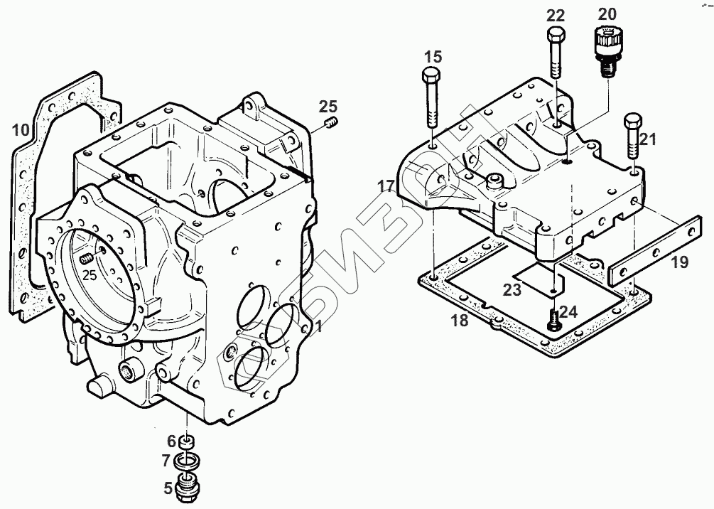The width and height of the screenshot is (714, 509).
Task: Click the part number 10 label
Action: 21,130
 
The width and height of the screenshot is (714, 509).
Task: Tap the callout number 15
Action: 433,56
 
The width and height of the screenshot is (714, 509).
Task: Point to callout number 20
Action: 607,14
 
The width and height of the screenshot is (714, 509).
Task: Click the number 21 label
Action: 647,140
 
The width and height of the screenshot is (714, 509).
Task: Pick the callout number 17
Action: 386,186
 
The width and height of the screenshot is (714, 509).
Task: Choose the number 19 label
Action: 679,263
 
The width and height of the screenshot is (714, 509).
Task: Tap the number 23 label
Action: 513,289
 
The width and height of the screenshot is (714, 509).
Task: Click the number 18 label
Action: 460,321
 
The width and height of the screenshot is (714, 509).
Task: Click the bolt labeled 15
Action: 431,100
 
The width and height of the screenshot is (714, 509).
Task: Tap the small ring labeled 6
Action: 188,442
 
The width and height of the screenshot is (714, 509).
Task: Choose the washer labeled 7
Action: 186,463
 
